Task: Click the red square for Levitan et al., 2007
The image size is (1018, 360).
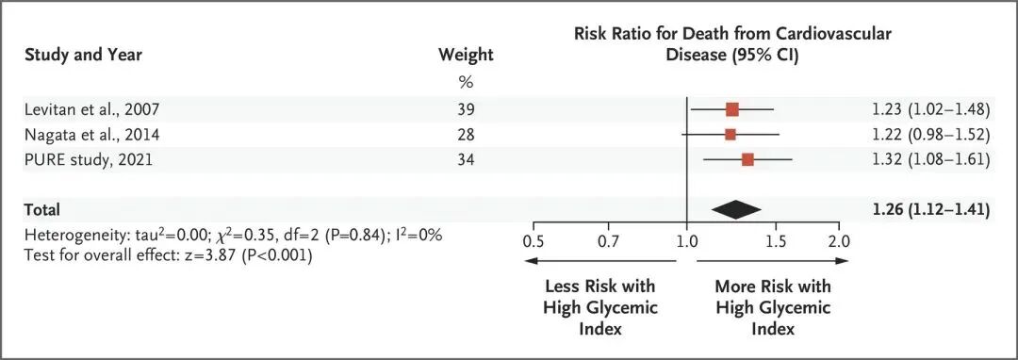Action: (x=731, y=109)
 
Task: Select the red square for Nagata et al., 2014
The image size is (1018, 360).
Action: (x=730, y=134)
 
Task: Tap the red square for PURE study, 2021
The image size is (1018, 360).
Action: (x=747, y=159)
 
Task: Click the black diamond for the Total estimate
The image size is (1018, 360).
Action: (x=736, y=209)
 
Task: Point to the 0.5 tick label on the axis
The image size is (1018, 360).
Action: (x=533, y=241)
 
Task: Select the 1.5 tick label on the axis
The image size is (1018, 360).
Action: (x=776, y=241)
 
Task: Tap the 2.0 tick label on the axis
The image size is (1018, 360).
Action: (x=838, y=241)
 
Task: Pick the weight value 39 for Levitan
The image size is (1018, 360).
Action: (x=466, y=109)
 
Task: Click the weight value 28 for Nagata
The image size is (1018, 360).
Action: (x=466, y=134)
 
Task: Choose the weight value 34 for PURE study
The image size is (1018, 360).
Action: (x=466, y=159)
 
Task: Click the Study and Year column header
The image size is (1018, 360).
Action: (x=83, y=56)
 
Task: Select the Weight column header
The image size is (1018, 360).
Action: (x=467, y=56)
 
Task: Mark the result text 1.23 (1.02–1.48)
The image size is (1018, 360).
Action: (x=931, y=109)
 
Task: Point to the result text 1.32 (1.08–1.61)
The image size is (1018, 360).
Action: (x=931, y=159)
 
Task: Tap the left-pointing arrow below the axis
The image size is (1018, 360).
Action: (x=600, y=261)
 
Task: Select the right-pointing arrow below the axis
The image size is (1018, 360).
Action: (x=773, y=261)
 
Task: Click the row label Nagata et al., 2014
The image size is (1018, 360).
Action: (x=91, y=135)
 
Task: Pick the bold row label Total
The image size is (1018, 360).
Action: (x=41, y=209)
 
